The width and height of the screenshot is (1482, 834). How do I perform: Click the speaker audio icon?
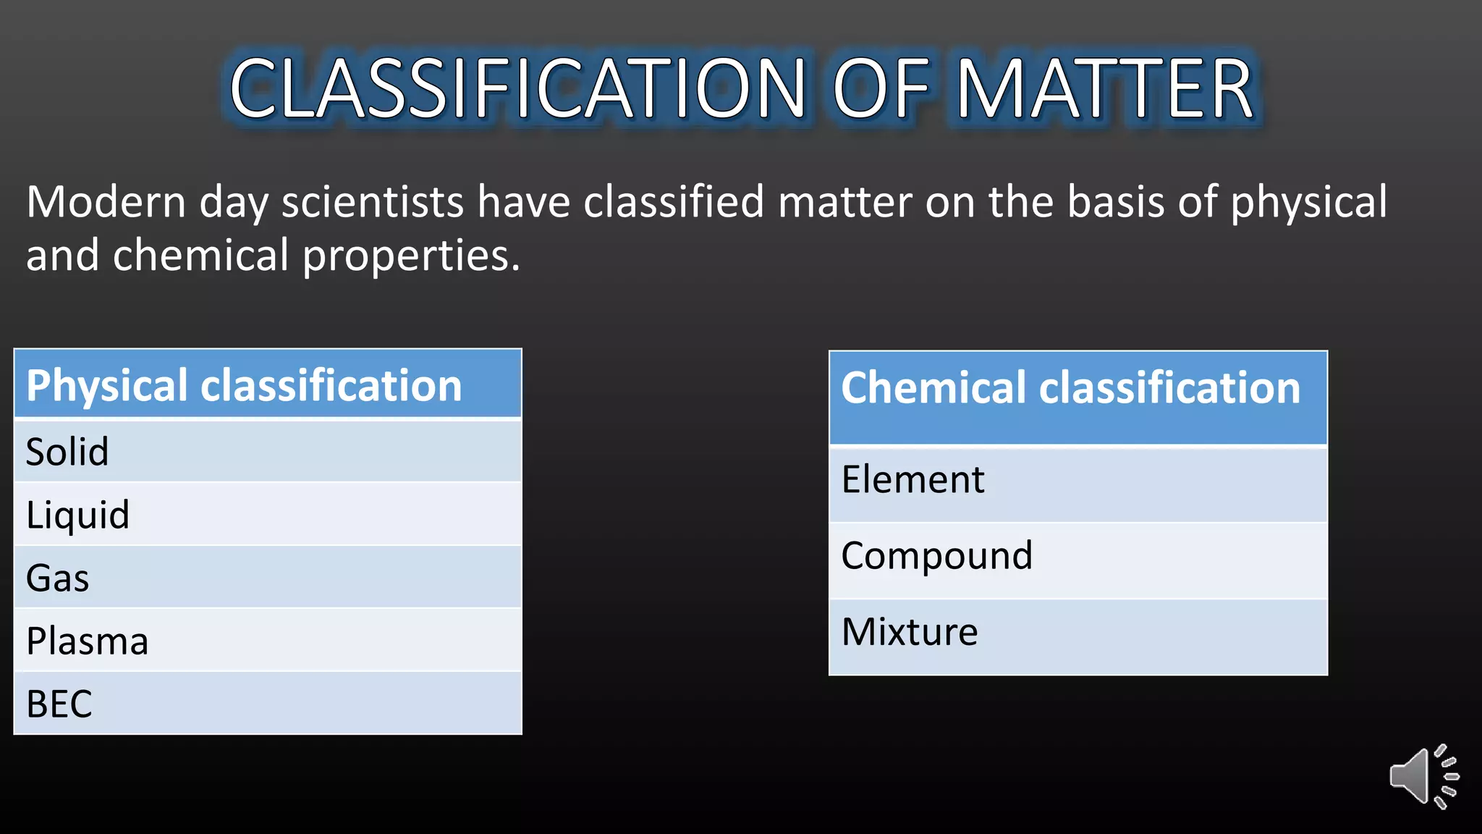tap(1423, 777)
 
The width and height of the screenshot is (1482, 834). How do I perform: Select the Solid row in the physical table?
tap(268, 451)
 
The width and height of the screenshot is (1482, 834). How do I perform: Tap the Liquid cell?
tap(268, 514)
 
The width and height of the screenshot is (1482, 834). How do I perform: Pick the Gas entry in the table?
tap(268, 577)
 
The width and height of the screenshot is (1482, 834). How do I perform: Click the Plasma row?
tap(268, 640)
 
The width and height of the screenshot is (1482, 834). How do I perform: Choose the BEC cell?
tap(268, 703)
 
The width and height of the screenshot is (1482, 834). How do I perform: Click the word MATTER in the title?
tap(1106, 89)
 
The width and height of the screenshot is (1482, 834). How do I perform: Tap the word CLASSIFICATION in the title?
tap(517, 89)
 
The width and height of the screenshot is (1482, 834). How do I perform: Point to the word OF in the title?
tap(881, 89)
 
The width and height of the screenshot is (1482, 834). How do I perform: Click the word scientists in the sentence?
tap(372, 202)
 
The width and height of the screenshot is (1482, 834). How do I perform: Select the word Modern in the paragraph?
tap(106, 202)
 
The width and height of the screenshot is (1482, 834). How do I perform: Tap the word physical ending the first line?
tap(1308, 203)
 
